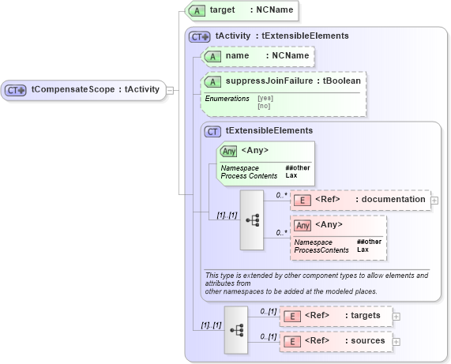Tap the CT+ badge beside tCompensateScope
[17, 90]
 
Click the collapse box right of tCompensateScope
[170, 90]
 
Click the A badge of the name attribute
[212, 56]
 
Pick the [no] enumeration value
[263, 105]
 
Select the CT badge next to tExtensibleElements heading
[212, 130]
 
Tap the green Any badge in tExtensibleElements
[229, 151]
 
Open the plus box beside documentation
[434, 200]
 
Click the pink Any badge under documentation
[302, 225]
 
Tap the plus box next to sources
[397, 341]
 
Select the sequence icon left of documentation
[252, 220]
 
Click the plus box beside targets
[397, 316]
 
